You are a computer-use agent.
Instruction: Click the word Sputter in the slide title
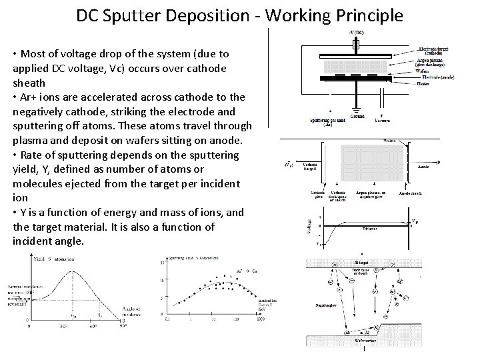131,15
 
